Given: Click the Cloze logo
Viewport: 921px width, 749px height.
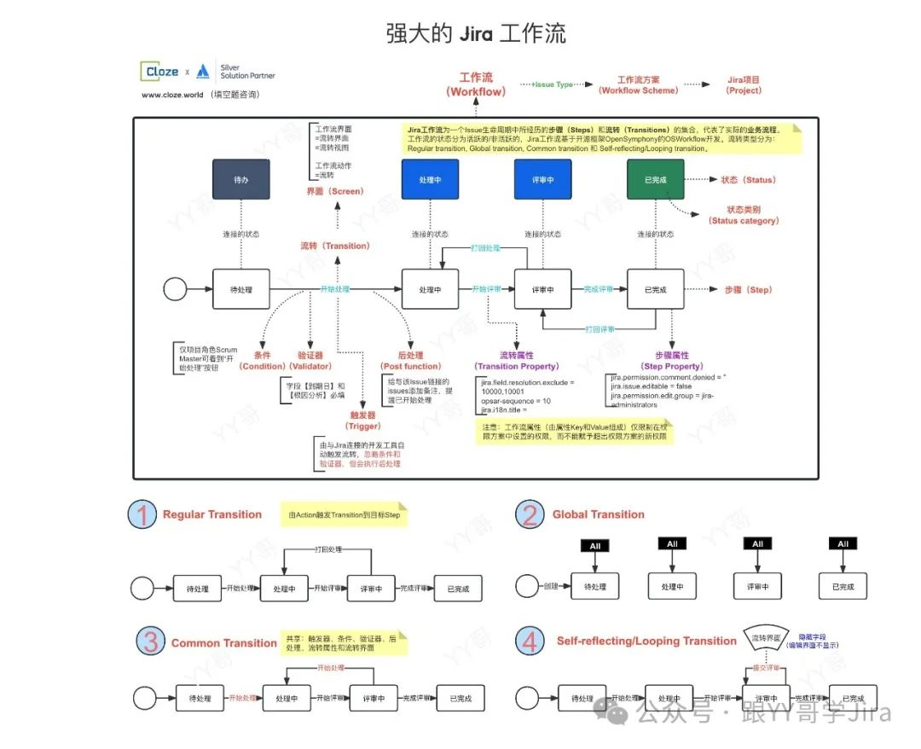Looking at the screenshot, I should click(x=162, y=72).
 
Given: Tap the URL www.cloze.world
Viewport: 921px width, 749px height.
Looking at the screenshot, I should click(x=173, y=95).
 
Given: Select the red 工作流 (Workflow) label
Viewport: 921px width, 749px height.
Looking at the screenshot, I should click(x=477, y=84).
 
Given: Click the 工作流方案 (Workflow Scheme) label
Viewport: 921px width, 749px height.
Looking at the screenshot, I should click(x=638, y=84).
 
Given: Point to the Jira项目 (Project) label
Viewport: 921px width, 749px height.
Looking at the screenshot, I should click(x=744, y=84).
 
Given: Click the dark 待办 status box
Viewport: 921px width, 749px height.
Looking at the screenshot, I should click(x=241, y=181).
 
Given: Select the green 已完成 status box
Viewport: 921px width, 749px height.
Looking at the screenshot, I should click(x=656, y=181).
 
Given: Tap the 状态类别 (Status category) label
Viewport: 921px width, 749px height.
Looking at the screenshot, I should click(x=744, y=215).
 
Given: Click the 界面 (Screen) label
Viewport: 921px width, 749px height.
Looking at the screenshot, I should click(x=335, y=192).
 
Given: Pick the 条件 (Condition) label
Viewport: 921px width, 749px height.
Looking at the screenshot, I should click(x=262, y=360).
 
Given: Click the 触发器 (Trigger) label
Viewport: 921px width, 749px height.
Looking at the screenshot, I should click(x=362, y=420).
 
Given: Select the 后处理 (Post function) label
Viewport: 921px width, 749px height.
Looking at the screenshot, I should click(x=411, y=360).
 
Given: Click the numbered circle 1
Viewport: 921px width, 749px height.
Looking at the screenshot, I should click(x=143, y=515).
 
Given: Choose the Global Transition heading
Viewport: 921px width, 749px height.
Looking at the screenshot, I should click(x=598, y=514).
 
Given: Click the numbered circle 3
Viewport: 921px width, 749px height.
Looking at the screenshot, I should click(x=151, y=642).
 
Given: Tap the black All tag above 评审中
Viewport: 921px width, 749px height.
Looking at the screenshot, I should click(x=757, y=544).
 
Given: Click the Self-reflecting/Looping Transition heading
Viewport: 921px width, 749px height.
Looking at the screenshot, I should click(x=646, y=642).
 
